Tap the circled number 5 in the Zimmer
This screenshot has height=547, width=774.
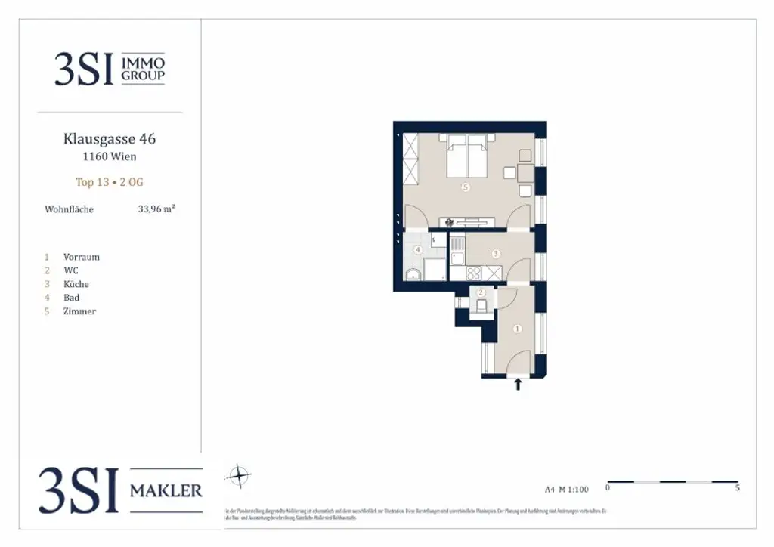(x=466, y=189)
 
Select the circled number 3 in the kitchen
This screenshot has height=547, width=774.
(x=496, y=254)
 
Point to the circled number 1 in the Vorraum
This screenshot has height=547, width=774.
(x=517, y=329)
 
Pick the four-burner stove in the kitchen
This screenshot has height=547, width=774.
(x=474, y=273)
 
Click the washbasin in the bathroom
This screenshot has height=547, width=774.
(x=413, y=274)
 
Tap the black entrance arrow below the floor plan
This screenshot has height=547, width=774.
(x=518, y=385)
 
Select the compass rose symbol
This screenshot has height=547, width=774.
(x=239, y=476)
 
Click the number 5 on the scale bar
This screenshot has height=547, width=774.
(x=737, y=488)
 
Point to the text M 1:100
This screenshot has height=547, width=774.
(x=573, y=489)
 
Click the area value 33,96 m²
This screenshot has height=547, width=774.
(x=156, y=209)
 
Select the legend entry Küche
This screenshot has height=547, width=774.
(x=76, y=284)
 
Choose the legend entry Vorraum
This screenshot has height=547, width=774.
(x=82, y=257)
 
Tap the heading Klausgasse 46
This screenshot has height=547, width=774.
(x=110, y=139)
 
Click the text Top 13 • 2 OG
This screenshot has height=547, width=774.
(x=110, y=182)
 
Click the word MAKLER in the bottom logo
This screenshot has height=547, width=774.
(x=166, y=490)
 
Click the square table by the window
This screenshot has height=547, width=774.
(x=525, y=173)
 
